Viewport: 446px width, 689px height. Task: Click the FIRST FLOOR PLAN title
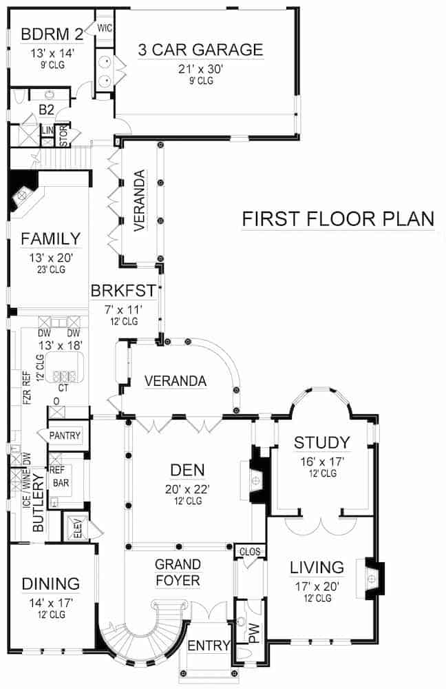click(x=337, y=219)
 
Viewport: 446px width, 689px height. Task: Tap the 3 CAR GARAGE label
click(x=200, y=50)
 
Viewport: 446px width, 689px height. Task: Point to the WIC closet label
click(x=105, y=28)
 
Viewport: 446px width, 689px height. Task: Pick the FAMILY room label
click(x=50, y=239)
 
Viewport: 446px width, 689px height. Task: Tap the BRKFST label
click(x=124, y=291)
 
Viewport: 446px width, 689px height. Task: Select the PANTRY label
click(x=65, y=435)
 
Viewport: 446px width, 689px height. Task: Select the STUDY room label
click(x=321, y=442)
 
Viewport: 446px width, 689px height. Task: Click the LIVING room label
click(x=316, y=568)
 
